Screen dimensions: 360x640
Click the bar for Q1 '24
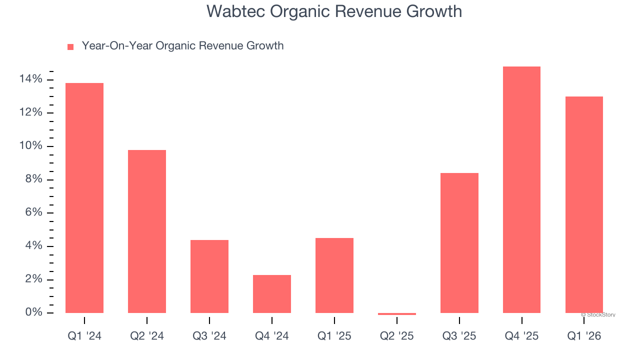click(84, 198)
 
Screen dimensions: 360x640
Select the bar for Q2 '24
click(147, 231)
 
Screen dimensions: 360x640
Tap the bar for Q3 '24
click(209, 276)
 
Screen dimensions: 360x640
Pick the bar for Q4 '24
click(272, 294)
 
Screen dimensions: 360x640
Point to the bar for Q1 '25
click(334, 275)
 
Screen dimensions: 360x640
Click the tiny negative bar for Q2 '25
click(397, 314)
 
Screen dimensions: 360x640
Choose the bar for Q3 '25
click(459, 243)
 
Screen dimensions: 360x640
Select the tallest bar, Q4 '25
click(521, 190)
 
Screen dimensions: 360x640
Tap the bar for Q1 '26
click(584, 205)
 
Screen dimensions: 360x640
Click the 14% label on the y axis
click(31, 79)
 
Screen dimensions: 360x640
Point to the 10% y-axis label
click(31, 146)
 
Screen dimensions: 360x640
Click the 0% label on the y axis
click(33, 312)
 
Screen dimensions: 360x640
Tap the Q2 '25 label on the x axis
click(397, 336)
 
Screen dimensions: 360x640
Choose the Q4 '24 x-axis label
click(272, 336)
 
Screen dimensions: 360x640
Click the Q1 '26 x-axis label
click(584, 336)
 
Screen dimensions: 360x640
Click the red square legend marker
click(70, 46)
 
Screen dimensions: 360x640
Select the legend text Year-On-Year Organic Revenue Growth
click(182, 46)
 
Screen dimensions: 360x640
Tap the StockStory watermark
click(598, 315)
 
